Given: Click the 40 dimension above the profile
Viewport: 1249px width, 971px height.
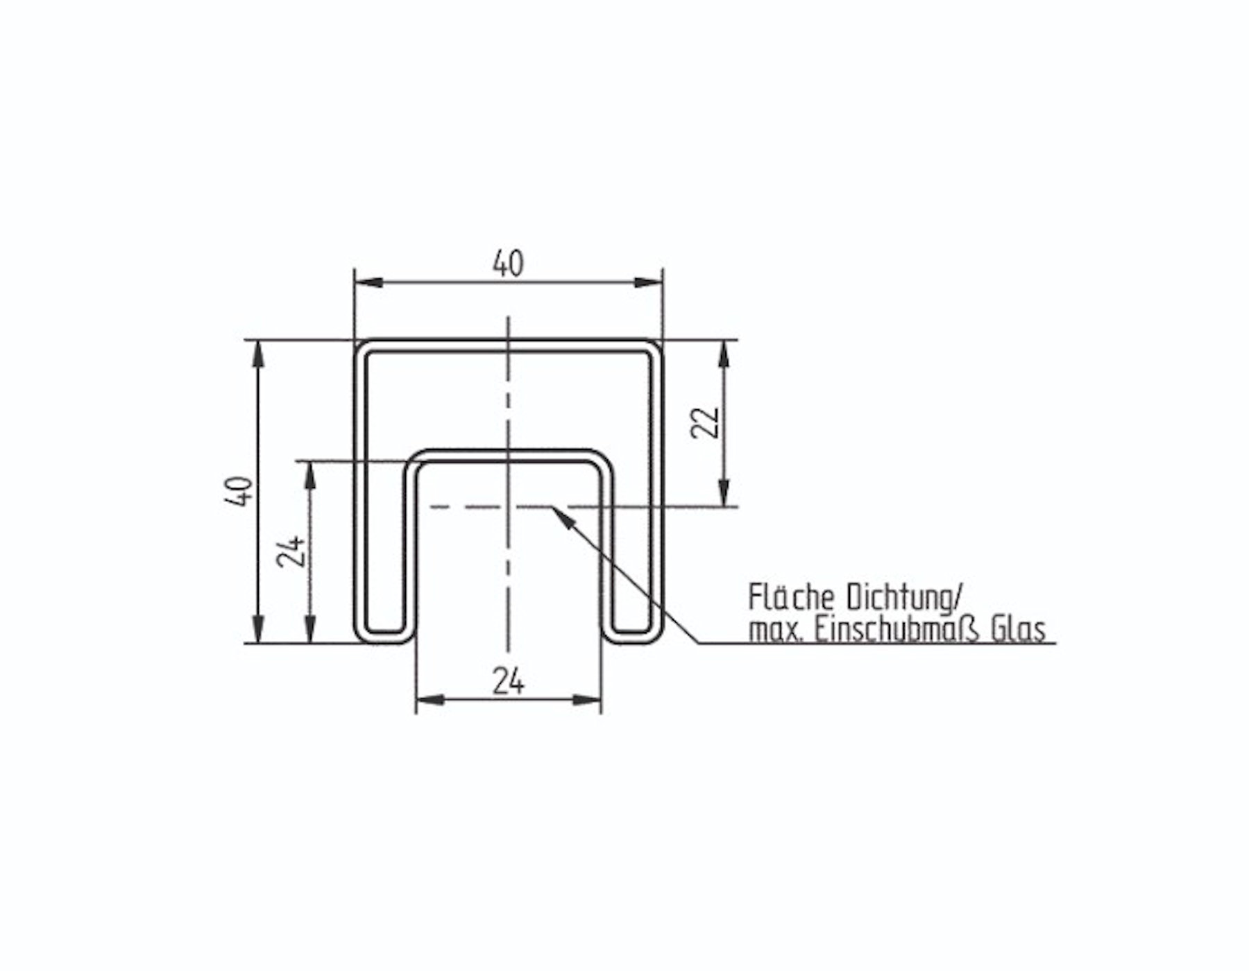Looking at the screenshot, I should [x=509, y=264].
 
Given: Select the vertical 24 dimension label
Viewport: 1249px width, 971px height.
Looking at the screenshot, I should [x=291, y=552].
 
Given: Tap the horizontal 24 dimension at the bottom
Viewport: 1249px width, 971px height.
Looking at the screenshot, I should [x=509, y=681].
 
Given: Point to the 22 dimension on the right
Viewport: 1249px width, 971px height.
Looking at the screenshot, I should [x=706, y=422].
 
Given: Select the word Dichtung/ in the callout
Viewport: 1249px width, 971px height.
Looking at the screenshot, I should [x=905, y=598].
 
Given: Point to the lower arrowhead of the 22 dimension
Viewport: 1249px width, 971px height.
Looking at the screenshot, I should [x=724, y=493].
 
